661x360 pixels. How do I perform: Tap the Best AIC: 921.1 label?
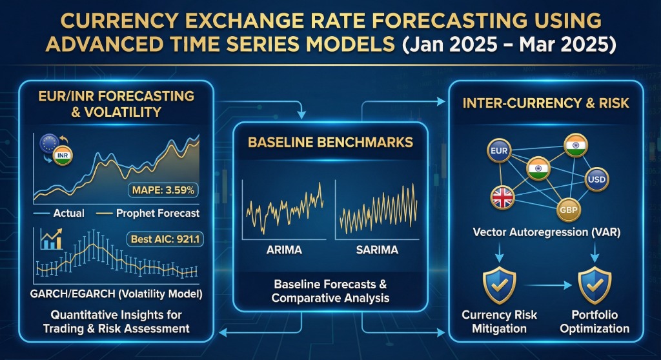pyautogui.click(x=163, y=239)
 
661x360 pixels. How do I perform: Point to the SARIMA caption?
pyautogui.click(x=376, y=250)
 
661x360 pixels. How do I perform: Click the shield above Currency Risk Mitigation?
pyautogui.click(x=499, y=286)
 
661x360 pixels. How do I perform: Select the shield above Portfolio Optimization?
pyautogui.click(x=594, y=286)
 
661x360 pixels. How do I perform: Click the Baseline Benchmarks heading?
pyautogui.click(x=330, y=142)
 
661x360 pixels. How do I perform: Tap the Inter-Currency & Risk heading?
pyautogui.click(x=547, y=104)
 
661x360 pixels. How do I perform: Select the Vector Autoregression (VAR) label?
pyautogui.click(x=547, y=232)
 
